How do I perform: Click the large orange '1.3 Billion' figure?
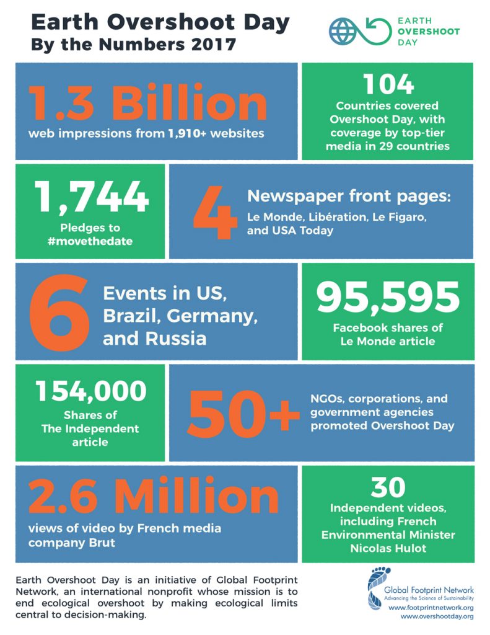click(147, 104)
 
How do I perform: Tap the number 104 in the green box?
click(388, 84)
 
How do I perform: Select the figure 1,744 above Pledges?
click(91, 197)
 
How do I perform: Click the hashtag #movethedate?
click(90, 241)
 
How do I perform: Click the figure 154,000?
click(90, 391)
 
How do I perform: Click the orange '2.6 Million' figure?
click(147, 497)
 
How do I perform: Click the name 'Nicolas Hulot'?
click(388, 548)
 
